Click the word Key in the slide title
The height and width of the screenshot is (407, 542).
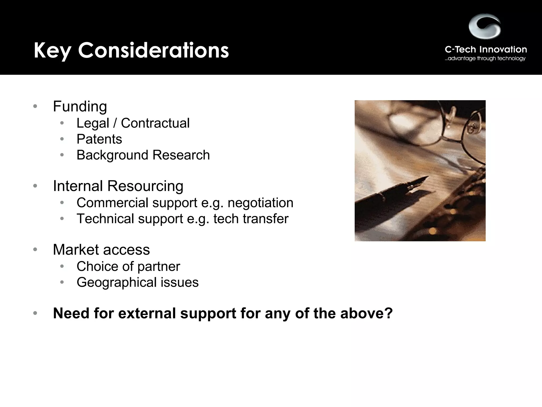tap(52, 50)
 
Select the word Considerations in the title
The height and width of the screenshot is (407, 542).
tap(153, 50)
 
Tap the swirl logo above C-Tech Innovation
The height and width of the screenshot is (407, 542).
tap(485, 26)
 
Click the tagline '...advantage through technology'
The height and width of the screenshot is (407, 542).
tap(485, 59)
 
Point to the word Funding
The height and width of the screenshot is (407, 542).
tap(80, 107)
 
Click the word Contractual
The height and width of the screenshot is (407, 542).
tap(155, 123)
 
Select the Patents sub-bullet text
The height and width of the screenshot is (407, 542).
tap(99, 139)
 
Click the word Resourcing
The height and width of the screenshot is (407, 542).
tap(145, 186)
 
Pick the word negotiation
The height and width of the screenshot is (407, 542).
tap(260, 203)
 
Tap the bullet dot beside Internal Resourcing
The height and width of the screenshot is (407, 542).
tap(35, 186)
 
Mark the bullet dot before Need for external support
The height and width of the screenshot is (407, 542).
tap(35, 313)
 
